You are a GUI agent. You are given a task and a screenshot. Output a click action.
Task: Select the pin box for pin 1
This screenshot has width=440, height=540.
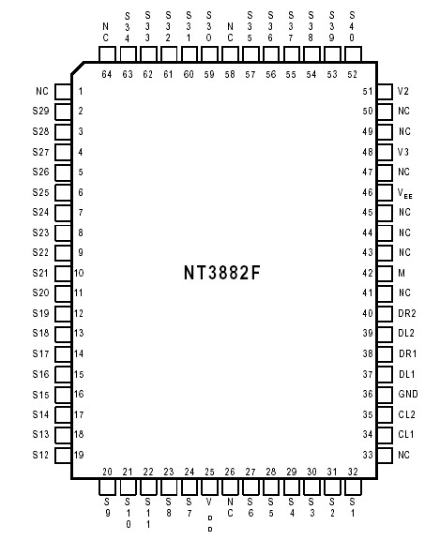[x=63, y=92]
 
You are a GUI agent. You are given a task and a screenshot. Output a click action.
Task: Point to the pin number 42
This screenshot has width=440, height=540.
[x=368, y=273]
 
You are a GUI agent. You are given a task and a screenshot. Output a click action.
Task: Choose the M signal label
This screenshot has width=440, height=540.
[x=401, y=273]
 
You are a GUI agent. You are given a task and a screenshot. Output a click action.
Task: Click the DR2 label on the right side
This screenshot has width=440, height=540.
[x=405, y=314]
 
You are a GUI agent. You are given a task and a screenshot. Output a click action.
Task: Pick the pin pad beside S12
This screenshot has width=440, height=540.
[x=63, y=455]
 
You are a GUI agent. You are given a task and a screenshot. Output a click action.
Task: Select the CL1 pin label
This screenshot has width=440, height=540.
[x=405, y=435]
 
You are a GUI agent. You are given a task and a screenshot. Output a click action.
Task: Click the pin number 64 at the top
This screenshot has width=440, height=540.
[x=106, y=73]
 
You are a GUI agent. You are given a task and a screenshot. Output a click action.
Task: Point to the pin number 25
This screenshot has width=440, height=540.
[x=209, y=472]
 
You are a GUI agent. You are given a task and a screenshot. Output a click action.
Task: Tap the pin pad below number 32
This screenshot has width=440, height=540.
[x=352, y=488]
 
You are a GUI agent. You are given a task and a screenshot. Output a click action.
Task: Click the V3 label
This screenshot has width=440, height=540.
[x=402, y=152]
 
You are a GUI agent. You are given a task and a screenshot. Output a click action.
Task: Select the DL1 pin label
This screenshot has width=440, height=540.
[x=405, y=374]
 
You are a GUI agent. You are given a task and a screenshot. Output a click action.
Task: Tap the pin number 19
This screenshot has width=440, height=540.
[x=81, y=455]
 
